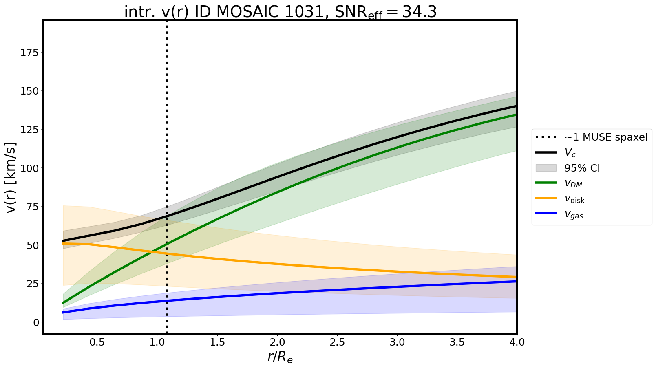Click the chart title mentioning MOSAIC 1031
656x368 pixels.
click(280, 12)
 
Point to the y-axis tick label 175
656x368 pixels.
click(30, 53)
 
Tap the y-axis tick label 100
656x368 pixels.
click(30, 168)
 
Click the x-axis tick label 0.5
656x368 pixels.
click(97, 342)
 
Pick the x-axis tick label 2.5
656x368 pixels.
click(337, 342)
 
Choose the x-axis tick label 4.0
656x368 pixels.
click(517, 342)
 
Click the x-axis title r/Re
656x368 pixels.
click(280, 357)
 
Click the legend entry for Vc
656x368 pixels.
click(570, 153)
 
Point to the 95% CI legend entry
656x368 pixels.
click(582, 168)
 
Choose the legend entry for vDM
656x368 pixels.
click(573, 184)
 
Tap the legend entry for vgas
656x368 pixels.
click(574, 215)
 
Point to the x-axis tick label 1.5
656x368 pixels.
click(217, 342)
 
